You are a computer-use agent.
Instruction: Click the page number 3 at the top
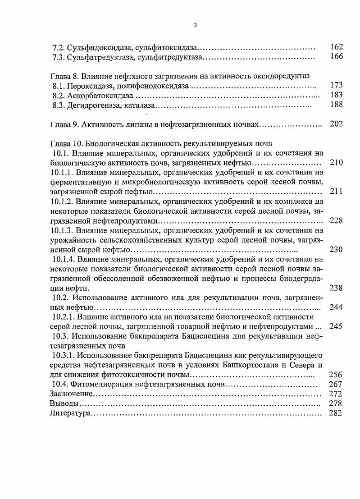pos(195,25)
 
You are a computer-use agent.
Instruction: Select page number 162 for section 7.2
pos(336,47)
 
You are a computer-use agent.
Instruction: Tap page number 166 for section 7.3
pos(336,57)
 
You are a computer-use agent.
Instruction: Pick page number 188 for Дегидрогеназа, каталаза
pos(336,105)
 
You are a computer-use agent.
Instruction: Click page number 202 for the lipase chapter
pos(336,124)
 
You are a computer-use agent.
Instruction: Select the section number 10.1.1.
pos(62,172)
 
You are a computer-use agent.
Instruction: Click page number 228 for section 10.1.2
pos(336,220)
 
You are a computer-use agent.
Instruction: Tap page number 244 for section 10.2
pos(336,307)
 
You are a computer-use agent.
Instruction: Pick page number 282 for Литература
pos(336,413)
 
